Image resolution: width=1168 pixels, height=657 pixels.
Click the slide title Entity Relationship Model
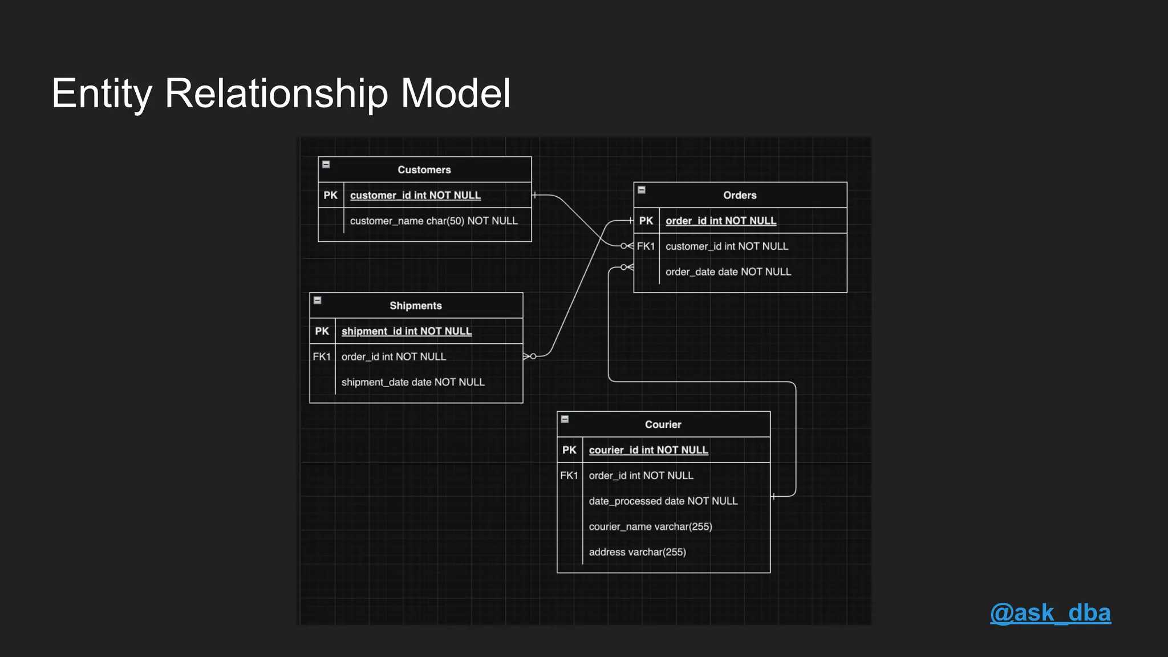point(281,93)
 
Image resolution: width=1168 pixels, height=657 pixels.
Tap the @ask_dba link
point(1050,613)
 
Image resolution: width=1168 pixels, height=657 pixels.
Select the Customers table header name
point(424,170)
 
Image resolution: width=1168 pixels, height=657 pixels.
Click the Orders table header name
point(740,195)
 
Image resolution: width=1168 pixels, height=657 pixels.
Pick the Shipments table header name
point(415,306)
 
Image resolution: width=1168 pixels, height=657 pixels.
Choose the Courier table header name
point(663,424)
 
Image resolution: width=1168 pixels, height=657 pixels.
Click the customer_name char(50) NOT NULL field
point(433,221)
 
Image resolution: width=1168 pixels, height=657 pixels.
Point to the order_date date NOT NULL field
point(728,272)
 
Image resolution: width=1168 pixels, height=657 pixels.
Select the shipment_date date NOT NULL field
point(413,382)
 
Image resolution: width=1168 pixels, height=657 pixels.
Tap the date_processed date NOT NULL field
point(663,501)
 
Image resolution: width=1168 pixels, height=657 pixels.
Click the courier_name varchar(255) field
point(650,526)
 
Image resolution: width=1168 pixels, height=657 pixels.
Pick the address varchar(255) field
point(637,552)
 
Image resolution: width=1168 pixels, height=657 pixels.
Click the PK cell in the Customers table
point(330,195)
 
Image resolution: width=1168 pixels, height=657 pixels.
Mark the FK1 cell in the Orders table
point(646,246)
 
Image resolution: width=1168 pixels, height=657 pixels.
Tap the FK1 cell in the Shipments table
point(322,356)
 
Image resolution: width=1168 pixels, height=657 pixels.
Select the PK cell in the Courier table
point(569,450)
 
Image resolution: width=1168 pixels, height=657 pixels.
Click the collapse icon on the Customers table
point(326,164)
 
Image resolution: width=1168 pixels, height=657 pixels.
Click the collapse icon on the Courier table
point(565,419)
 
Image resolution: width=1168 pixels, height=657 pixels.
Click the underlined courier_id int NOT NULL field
point(648,450)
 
